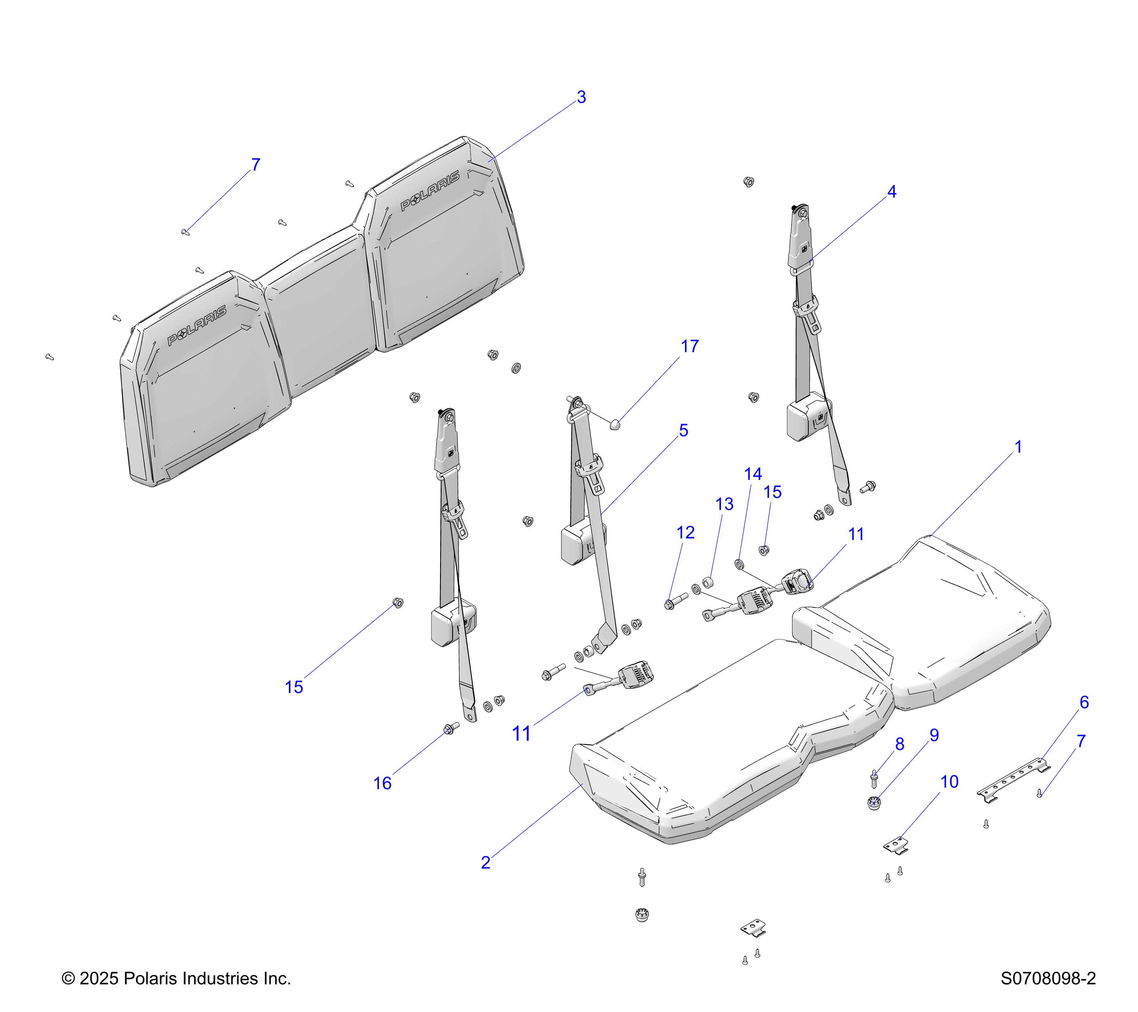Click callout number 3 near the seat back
point(581,97)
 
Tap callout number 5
point(684,430)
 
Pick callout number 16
point(382,784)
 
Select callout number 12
point(685,533)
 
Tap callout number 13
point(724,505)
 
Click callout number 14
point(753,474)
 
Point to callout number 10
point(949,782)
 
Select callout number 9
point(934,736)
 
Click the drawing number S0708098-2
point(1048,978)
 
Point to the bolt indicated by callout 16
point(451,728)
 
